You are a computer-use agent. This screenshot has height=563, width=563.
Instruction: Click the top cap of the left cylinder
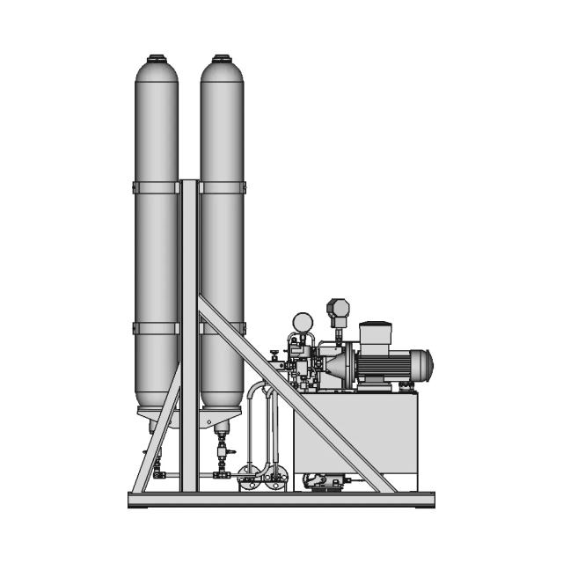(156, 60)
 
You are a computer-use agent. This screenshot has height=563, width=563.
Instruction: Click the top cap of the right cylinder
(222, 60)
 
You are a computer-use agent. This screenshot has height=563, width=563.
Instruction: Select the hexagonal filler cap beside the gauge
(337, 308)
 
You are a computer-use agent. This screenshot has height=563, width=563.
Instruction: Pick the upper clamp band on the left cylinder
(156, 186)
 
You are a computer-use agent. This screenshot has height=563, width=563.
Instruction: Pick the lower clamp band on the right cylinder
(223, 328)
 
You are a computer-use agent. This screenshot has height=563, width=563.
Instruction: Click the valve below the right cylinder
(222, 455)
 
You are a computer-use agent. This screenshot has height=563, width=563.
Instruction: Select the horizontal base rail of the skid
(281, 499)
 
